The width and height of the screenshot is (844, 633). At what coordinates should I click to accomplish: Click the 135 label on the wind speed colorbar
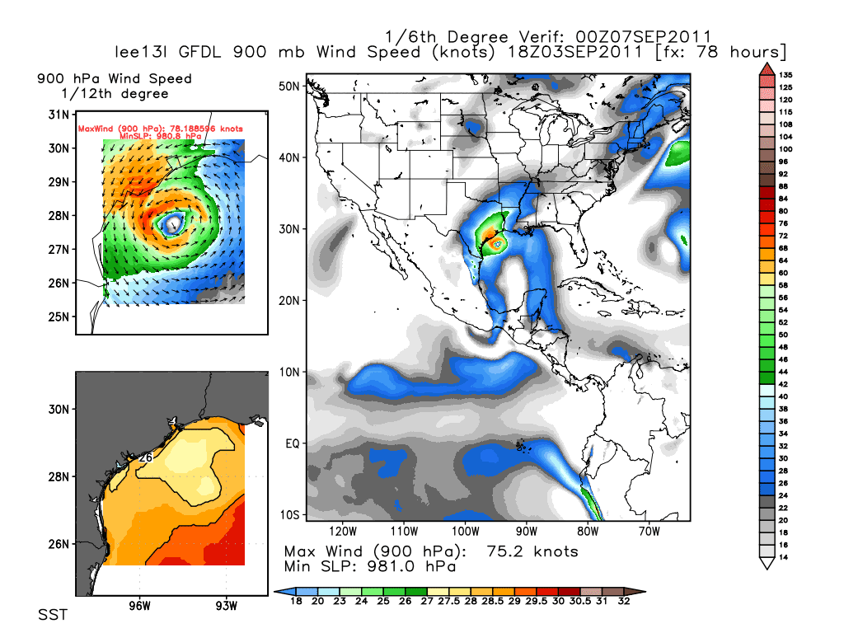tap(785, 74)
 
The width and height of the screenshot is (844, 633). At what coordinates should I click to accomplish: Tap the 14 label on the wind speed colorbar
tap(785, 559)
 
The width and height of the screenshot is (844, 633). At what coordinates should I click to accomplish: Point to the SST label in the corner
tap(53, 616)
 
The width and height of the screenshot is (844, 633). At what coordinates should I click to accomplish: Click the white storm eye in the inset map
tap(173, 223)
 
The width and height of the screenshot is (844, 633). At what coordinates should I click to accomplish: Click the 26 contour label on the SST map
tap(147, 457)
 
